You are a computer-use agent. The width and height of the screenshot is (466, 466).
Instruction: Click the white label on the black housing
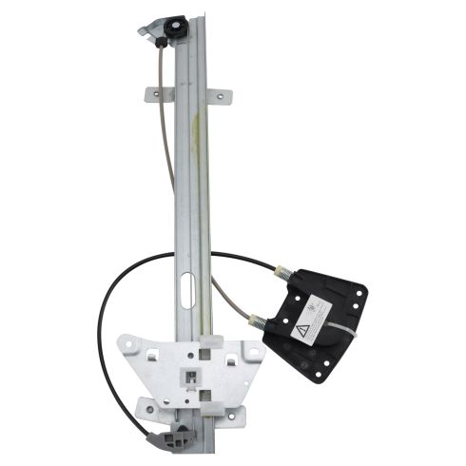[x=314, y=316]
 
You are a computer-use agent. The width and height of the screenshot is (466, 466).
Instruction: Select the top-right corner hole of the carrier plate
[x=253, y=352]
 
